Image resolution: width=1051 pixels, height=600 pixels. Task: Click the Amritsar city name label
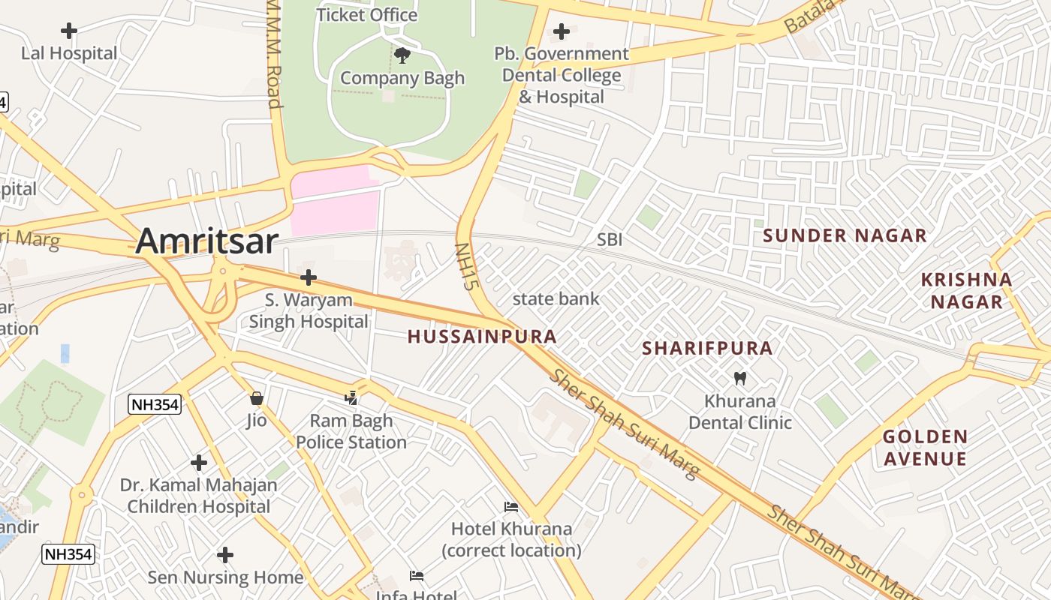tap(207, 241)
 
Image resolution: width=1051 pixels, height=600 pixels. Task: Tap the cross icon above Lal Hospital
tap(69, 31)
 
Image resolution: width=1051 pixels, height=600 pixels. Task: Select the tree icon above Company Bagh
tap(402, 55)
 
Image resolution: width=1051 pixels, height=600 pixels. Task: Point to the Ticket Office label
tap(366, 14)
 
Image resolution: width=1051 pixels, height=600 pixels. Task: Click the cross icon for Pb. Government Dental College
tap(561, 31)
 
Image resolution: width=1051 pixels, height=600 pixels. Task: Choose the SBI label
tap(610, 239)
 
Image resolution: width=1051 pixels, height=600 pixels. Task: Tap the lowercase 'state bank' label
tap(556, 298)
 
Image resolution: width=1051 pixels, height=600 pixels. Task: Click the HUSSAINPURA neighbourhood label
tap(482, 337)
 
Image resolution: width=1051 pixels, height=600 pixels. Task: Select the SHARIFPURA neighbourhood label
tap(707, 348)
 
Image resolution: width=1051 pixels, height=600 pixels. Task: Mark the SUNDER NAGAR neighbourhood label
tap(845, 235)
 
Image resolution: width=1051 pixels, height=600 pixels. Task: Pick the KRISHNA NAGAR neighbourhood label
tap(966, 290)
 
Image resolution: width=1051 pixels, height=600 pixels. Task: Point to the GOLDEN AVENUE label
tap(925, 447)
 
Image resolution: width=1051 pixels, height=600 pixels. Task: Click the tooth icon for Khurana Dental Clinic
tap(739, 378)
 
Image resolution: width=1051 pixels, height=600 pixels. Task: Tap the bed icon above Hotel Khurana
tap(511, 507)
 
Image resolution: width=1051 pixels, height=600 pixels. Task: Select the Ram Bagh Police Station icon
tap(351, 397)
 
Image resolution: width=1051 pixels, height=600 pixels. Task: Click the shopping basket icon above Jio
tap(257, 397)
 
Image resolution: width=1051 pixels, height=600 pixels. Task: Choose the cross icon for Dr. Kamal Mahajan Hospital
tap(199, 463)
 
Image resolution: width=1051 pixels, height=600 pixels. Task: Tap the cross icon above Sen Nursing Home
tap(225, 555)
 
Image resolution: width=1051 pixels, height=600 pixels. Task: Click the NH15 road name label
tap(467, 266)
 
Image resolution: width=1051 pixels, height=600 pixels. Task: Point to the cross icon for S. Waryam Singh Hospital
tap(308, 277)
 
